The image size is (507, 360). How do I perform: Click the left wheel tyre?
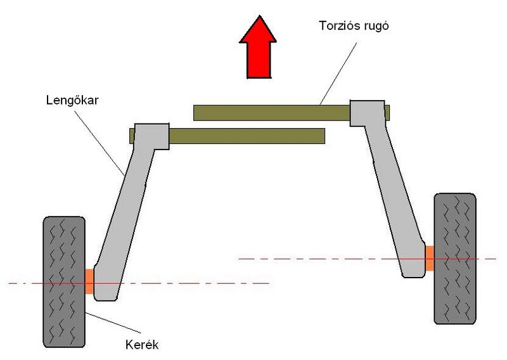(63, 281)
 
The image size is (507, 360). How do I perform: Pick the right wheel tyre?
(454, 258)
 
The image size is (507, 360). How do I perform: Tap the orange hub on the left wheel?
(89, 281)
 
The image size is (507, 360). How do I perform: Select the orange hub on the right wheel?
(429, 258)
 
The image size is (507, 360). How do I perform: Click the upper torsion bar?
(273, 113)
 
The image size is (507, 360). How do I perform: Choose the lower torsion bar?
(247, 135)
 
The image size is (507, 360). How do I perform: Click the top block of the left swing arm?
(152, 136)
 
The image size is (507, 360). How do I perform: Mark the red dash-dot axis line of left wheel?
(190, 283)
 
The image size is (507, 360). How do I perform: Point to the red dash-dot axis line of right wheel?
(317, 259)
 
